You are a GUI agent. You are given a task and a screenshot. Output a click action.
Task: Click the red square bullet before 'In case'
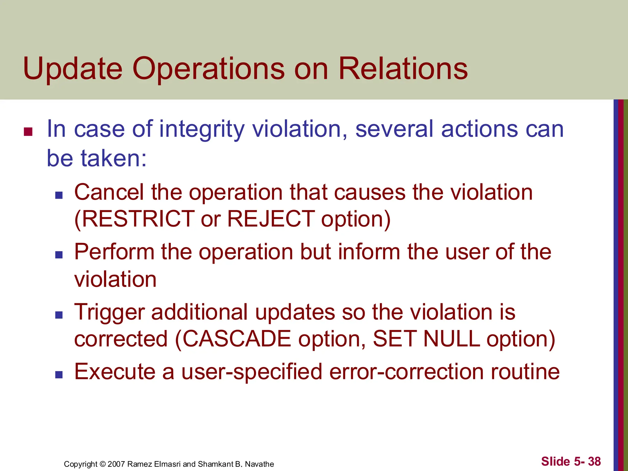(28, 132)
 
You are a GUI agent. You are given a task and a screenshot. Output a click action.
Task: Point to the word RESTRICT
(135, 219)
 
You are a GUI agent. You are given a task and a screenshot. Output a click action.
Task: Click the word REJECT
(271, 219)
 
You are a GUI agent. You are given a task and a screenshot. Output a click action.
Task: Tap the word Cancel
(109, 193)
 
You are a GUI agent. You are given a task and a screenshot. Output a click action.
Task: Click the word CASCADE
(237, 339)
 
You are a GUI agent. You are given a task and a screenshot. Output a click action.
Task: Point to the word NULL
(451, 339)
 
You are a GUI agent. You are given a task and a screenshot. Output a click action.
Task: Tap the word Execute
(115, 372)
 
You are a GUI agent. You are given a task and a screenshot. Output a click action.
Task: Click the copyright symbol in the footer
(102, 464)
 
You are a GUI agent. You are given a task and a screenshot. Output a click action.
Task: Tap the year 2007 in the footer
(116, 464)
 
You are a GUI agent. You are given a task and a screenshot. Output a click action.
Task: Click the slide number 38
(594, 461)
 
